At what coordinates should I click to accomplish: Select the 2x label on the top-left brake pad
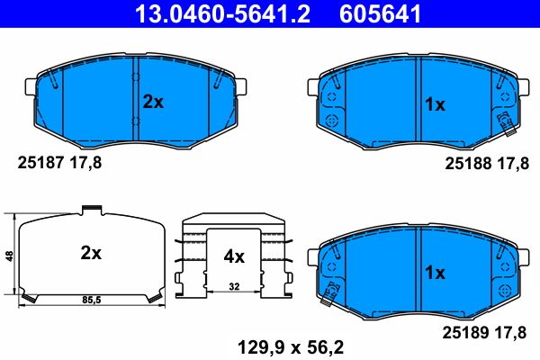point(153,103)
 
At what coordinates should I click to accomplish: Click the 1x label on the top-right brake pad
point(435,104)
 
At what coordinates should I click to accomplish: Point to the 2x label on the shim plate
point(90,254)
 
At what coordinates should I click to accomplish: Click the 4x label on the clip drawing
point(234,256)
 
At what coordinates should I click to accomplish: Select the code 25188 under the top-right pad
point(466,164)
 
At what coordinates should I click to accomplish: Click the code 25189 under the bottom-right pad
point(466,332)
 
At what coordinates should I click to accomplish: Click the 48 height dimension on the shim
point(9,256)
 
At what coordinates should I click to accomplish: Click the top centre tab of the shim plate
point(90,211)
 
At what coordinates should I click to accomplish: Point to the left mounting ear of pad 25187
point(28,86)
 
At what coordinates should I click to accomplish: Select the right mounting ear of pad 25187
point(242,86)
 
